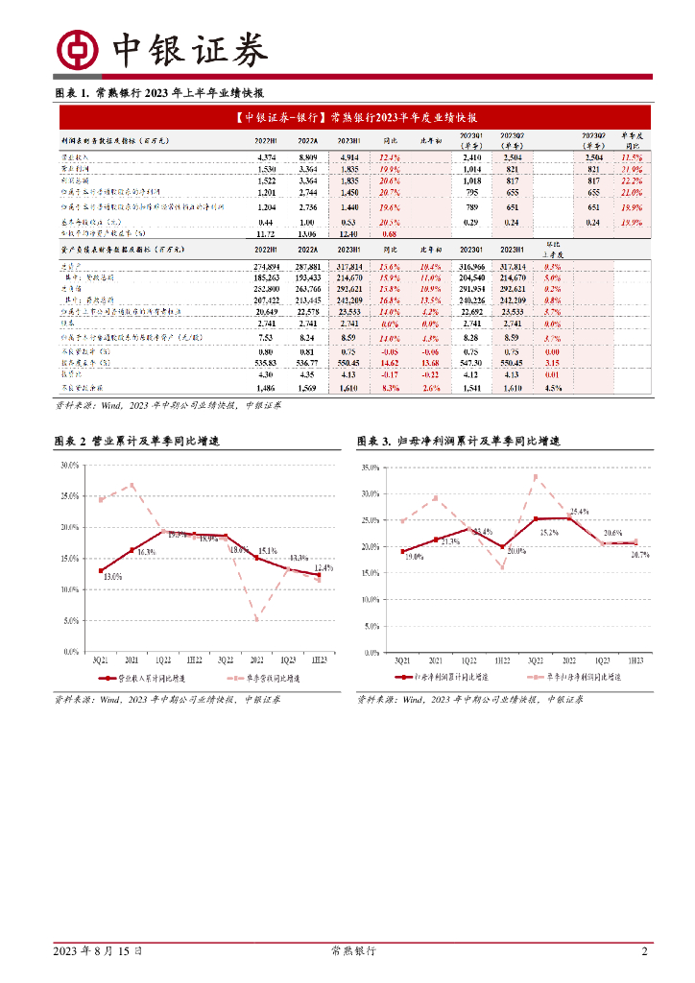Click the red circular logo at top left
(78, 49)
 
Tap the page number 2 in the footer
(644, 951)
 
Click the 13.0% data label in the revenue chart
(112, 576)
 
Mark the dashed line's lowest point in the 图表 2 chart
(257, 619)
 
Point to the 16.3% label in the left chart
(145, 553)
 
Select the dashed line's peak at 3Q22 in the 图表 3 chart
(536, 476)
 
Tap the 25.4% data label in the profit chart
(579, 512)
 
